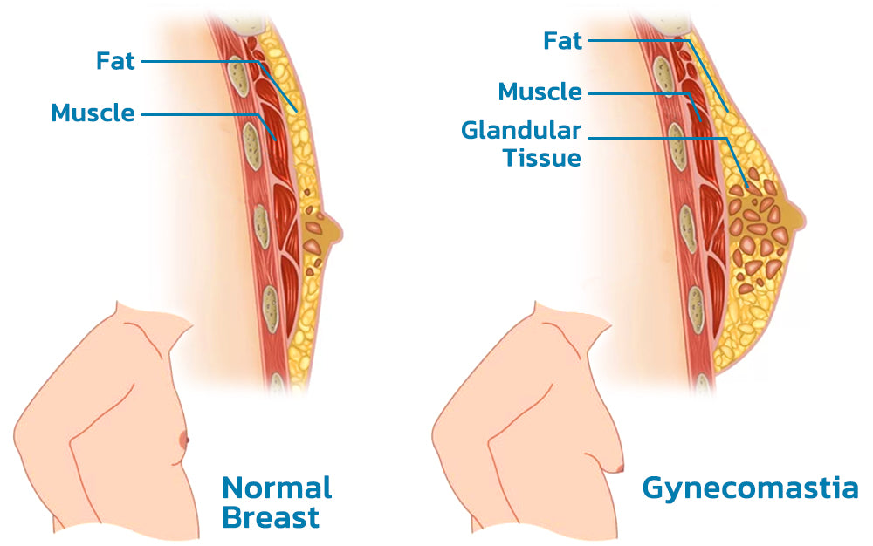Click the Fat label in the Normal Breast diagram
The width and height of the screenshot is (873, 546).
tap(115, 60)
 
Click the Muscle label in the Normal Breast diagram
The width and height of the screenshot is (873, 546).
tap(93, 113)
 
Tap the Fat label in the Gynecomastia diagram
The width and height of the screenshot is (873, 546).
tap(562, 41)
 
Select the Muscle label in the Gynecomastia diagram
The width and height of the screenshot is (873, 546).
tap(540, 92)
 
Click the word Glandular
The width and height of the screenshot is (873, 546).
tap(521, 131)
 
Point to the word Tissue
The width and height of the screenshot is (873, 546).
tap(542, 158)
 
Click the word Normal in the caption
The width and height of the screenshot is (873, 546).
tap(277, 488)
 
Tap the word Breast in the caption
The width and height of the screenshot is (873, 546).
tap(271, 517)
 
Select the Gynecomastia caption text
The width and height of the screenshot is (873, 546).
tap(750, 488)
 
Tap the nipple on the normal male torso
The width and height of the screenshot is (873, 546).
tap(184, 440)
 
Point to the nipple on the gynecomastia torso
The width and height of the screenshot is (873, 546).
tap(617, 468)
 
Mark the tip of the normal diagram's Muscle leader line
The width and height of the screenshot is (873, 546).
tap(276, 139)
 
